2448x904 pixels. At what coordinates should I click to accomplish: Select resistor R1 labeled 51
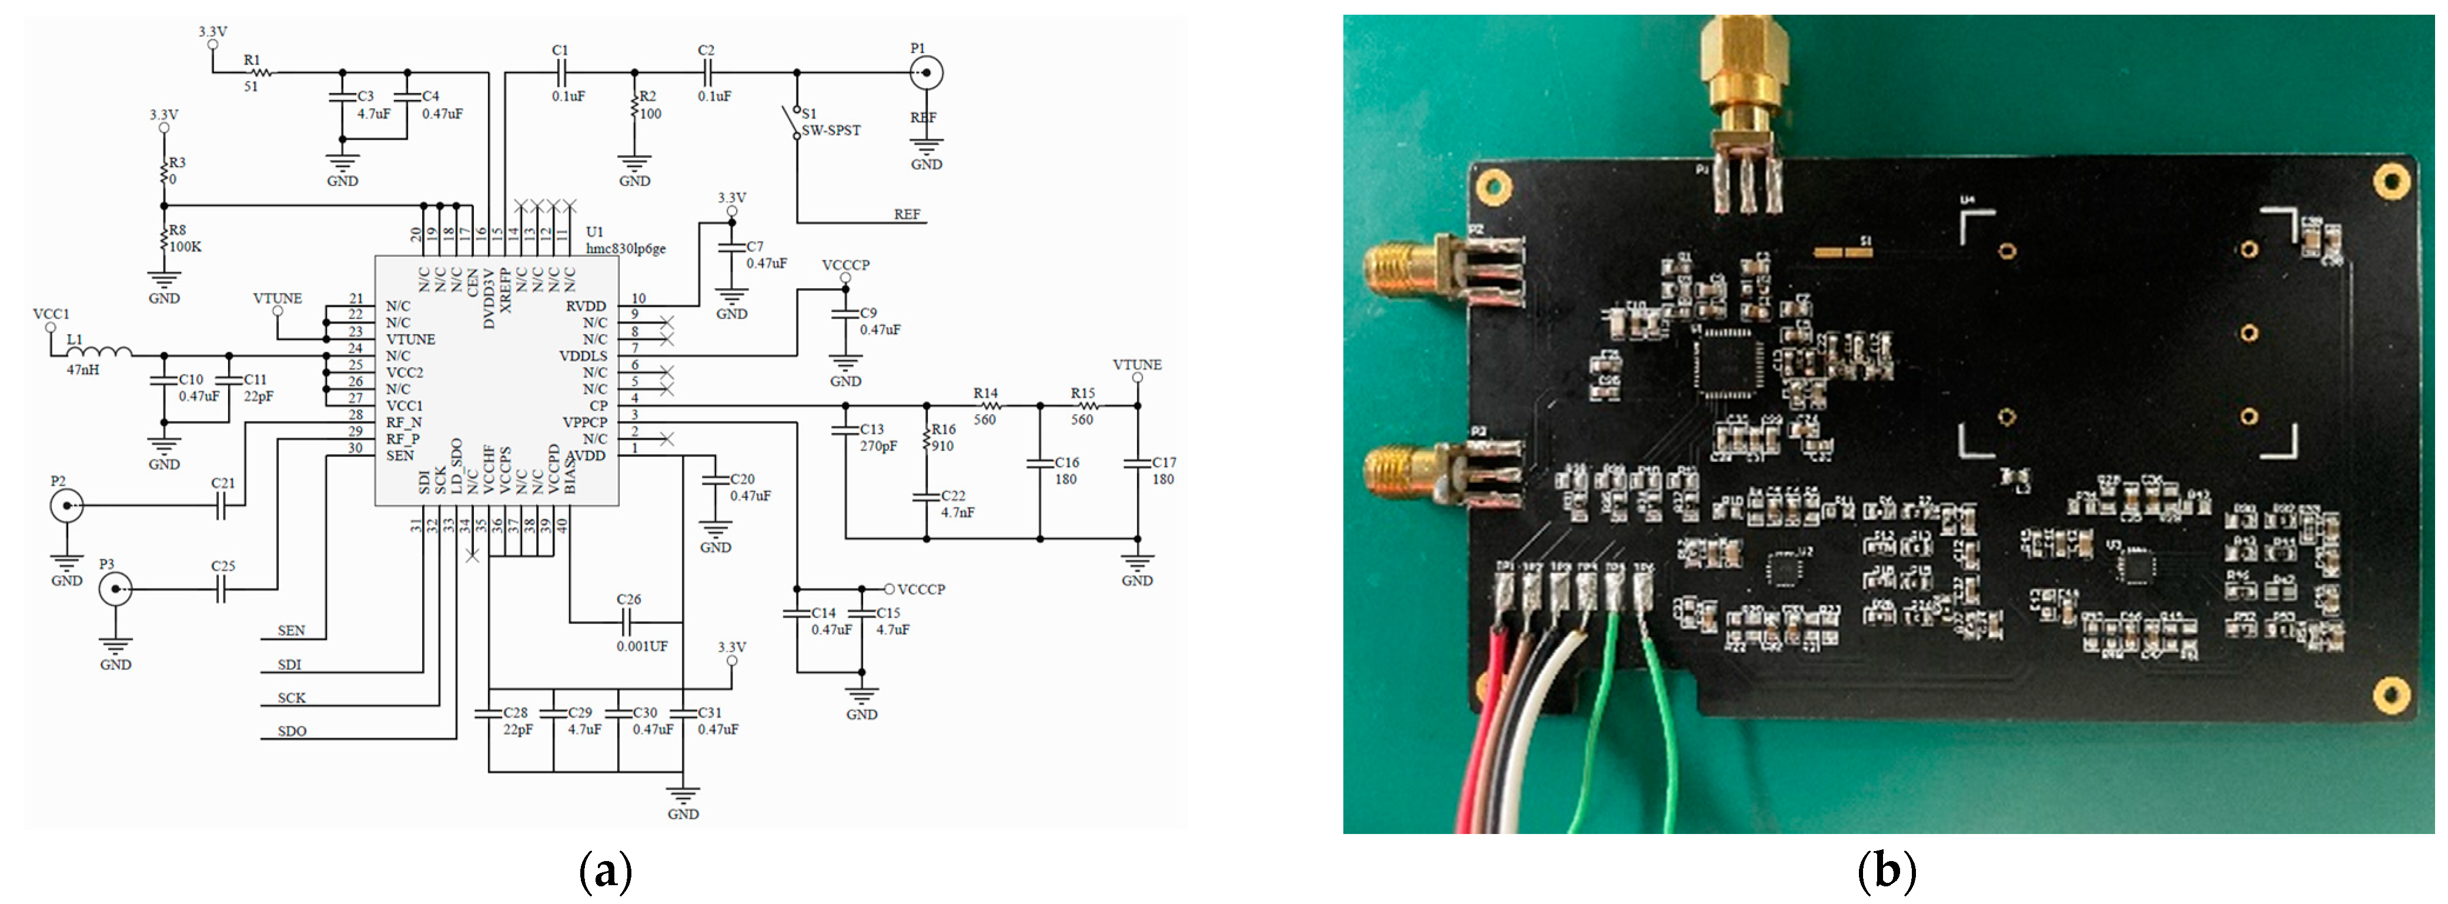pyautogui.click(x=259, y=72)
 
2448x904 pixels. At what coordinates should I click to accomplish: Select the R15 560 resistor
pyautogui.click(x=1083, y=406)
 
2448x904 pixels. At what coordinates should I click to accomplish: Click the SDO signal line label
pyautogui.click(x=292, y=731)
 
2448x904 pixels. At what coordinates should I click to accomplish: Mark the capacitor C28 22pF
pyautogui.click(x=489, y=713)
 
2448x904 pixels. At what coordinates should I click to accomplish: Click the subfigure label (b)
pyautogui.click(x=1885, y=870)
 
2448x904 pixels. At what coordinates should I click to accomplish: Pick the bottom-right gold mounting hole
pyautogui.click(x=2389, y=694)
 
